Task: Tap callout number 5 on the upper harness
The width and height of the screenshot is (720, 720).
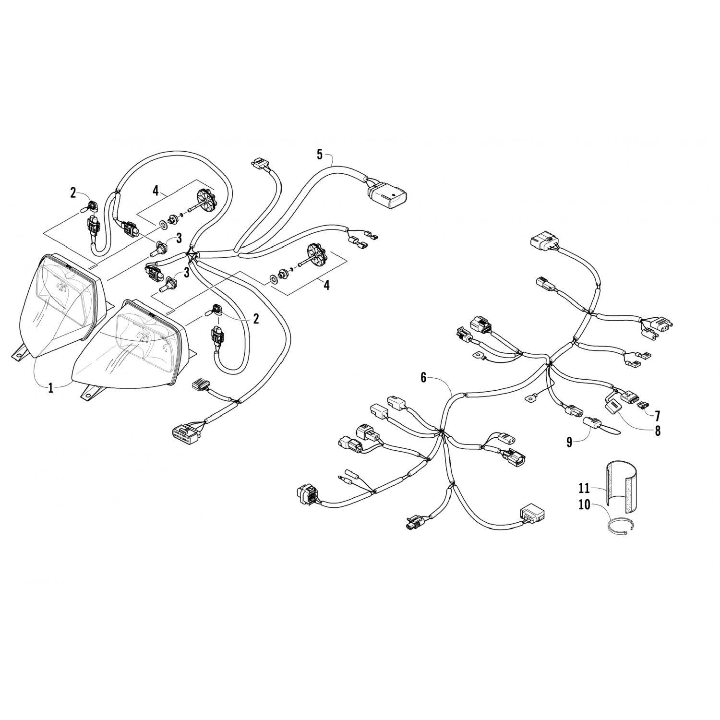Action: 320,154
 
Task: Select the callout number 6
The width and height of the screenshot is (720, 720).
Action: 423,378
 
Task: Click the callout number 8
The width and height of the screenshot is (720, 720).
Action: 657,431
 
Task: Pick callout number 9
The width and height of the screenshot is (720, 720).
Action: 569,442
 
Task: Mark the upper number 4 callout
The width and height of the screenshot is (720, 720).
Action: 155,191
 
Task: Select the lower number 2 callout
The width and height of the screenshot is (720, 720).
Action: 256,319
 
